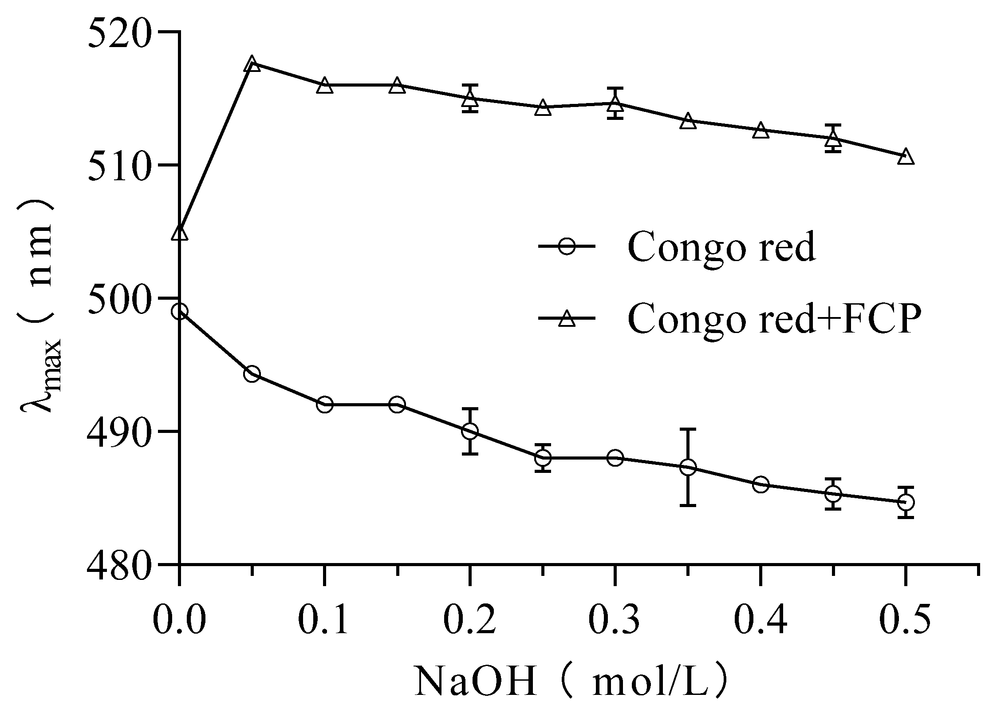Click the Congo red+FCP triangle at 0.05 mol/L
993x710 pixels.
click(252, 64)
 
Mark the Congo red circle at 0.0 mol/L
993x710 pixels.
click(179, 312)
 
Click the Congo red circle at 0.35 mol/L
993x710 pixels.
click(688, 467)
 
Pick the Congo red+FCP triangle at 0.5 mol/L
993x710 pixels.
click(905, 157)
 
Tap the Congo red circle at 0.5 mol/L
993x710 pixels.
click(905, 502)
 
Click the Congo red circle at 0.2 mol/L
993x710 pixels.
click(469, 431)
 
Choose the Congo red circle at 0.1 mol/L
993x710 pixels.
click(325, 405)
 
